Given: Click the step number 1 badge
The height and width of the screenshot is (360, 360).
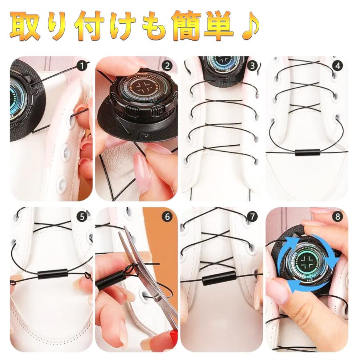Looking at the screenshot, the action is pyautogui.click(x=82, y=66).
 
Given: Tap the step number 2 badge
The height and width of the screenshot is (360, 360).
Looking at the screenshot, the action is pyautogui.click(x=167, y=66).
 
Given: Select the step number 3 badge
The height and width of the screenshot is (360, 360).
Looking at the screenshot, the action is pyautogui.click(x=252, y=66).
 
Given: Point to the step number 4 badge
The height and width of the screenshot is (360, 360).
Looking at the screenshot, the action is pyautogui.click(x=338, y=66).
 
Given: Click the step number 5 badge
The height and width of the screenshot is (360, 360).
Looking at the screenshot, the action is pyautogui.click(x=82, y=217).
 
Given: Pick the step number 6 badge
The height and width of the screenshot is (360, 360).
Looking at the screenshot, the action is pyautogui.click(x=167, y=217).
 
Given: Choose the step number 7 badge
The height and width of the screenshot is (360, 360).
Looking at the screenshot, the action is pyautogui.click(x=252, y=217).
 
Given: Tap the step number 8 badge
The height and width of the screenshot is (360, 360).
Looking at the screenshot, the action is pyautogui.click(x=338, y=217).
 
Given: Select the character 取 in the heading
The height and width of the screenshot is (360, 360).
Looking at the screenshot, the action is pyautogui.click(x=25, y=26).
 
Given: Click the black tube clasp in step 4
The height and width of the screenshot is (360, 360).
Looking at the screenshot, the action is pyautogui.click(x=308, y=152).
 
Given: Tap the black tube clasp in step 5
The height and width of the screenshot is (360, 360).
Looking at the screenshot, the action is pyautogui.click(x=52, y=274).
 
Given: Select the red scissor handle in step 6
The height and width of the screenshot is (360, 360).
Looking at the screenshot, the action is pyautogui.click(x=174, y=339).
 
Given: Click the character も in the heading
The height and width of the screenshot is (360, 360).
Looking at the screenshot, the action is pyautogui.click(x=154, y=26).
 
